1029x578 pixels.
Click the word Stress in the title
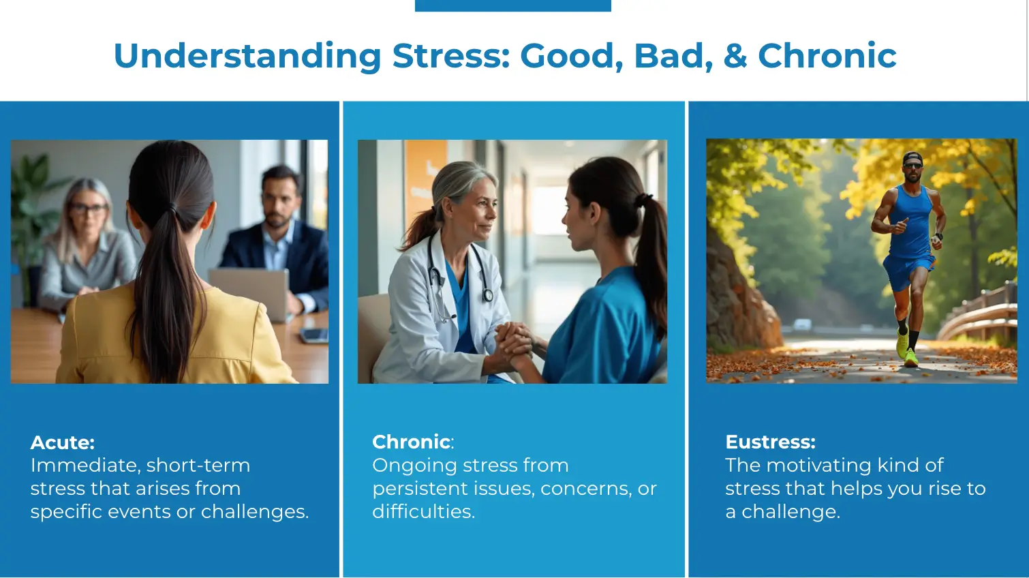pyautogui.click(x=451, y=56)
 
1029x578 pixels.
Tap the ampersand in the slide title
pyautogui.click(x=735, y=56)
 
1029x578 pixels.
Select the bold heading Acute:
pyautogui.click(x=63, y=442)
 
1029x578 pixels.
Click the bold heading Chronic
pyautogui.click(x=411, y=442)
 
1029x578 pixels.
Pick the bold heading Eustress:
pyautogui.click(x=770, y=442)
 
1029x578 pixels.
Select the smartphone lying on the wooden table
pyautogui.click(x=314, y=335)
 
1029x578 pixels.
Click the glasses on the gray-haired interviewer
pyautogui.click(x=88, y=208)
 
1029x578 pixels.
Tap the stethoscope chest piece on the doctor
pyautogui.click(x=488, y=295)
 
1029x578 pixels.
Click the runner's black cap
pyautogui.click(x=912, y=157)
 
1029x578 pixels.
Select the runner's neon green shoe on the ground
pyautogui.click(x=910, y=358)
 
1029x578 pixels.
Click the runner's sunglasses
pyautogui.click(x=912, y=166)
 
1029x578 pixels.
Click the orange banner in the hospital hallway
pyautogui.click(x=425, y=184)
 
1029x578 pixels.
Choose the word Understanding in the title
pyautogui.click(x=247, y=56)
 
